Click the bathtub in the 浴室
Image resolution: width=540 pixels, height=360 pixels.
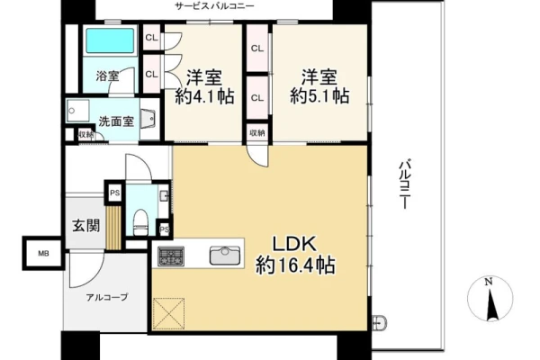click(110, 40)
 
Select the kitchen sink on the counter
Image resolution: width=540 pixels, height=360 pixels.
click(225, 256)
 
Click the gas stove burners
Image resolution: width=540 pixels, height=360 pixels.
click(171, 256)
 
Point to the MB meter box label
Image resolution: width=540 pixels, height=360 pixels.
click(43, 254)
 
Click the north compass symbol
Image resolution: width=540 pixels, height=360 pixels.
click(490, 298)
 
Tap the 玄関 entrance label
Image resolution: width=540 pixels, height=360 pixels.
click(86, 226)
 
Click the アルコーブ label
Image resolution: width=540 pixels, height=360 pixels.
click(107, 297)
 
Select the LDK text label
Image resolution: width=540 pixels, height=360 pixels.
click(295, 244)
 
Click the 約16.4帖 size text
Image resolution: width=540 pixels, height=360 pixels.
click(295, 265)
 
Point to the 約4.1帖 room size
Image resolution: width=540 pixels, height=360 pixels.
click(205, 96)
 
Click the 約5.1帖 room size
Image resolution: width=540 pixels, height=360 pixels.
click(319, 96)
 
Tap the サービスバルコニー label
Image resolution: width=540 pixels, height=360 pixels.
click(214, 6)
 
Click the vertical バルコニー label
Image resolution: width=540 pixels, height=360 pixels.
click(406, 184)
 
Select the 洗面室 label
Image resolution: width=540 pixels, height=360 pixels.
click(116, 121)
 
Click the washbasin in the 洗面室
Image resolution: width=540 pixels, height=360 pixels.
click(149, 119)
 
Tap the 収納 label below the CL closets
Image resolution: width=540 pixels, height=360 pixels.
click(257, 132)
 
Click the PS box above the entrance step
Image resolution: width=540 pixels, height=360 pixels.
click(115, 193)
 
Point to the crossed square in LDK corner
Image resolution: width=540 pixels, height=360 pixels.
click(169, 314)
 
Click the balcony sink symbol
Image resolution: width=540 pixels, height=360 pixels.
click(379, 323)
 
